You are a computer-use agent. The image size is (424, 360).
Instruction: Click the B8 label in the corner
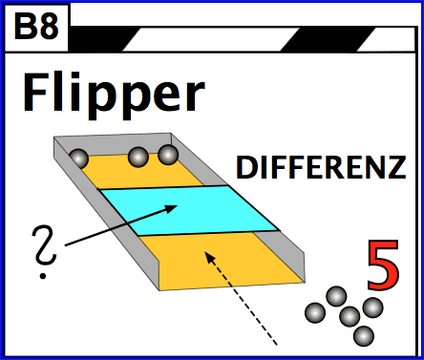click(36, 27)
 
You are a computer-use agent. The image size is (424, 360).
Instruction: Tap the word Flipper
click(113, 94)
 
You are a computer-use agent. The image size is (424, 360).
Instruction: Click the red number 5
click(382, 266)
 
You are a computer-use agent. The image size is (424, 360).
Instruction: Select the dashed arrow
click(241, 295)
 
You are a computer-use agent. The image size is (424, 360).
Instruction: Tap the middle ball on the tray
click(140, 158)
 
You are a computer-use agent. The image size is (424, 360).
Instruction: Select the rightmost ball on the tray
click(169, 154)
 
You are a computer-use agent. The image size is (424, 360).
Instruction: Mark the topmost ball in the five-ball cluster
click(336, 296)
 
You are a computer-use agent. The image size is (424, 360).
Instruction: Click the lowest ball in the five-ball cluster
click(363, 336)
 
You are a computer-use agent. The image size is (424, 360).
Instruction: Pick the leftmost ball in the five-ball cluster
click(315, 312)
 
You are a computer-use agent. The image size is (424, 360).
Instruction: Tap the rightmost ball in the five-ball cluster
click(372, 307)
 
